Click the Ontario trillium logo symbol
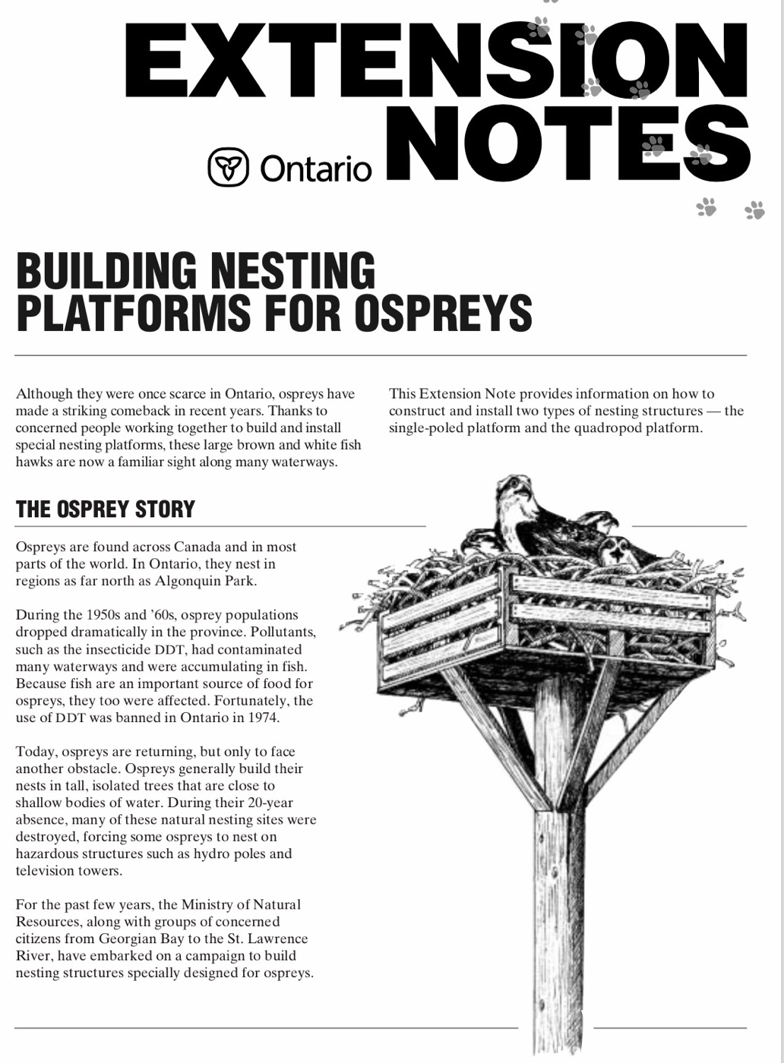coord(228,167)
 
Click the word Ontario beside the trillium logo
coord(315,169)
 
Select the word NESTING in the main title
coord(292,271)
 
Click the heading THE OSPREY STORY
coord(106,509)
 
